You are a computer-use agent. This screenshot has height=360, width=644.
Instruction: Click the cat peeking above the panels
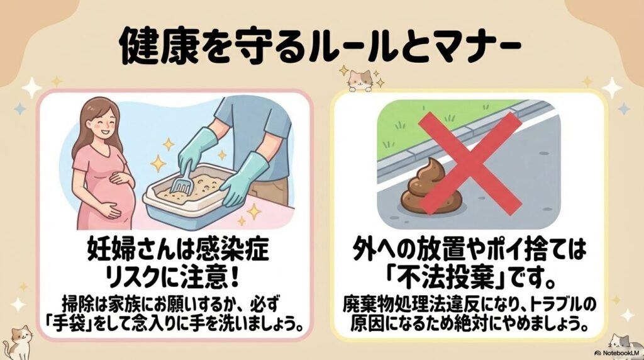coord(361,79)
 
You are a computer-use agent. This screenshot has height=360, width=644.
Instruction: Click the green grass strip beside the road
coord(440,116)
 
